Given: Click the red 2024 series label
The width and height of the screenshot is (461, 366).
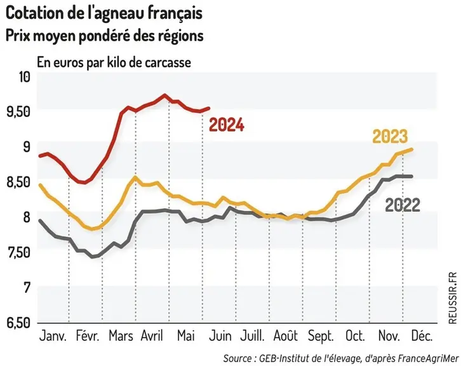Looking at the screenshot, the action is (227, 125).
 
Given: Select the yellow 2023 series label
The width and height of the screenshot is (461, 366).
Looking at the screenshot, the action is (390, 137).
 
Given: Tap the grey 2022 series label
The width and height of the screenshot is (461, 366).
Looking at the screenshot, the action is (403, 205).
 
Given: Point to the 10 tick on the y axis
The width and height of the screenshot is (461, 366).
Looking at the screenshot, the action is (25, 77).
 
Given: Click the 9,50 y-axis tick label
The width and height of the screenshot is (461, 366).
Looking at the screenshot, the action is (18, 112).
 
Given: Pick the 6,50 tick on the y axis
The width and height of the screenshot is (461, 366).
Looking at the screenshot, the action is (18, 323).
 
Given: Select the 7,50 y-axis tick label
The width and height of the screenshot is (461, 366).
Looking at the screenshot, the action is (18, 252).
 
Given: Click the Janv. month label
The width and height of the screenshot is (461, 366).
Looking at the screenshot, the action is (53, 335).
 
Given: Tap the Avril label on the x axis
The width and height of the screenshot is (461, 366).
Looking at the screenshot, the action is (152, 335).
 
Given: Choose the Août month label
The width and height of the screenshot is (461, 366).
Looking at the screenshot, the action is (286, 335).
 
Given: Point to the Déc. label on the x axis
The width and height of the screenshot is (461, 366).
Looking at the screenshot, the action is (422, 335).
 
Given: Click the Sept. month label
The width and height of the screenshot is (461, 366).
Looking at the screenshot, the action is (321, 335).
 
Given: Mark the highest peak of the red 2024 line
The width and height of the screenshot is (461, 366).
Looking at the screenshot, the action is (164, 95).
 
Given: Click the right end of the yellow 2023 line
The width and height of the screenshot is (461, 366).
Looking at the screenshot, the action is (412, 149).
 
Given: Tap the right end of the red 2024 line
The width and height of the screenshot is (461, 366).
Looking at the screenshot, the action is (209, 108).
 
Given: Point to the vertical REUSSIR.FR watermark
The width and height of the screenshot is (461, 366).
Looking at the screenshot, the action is (453, 298).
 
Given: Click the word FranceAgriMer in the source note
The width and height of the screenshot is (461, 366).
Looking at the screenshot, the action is (428, 358).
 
